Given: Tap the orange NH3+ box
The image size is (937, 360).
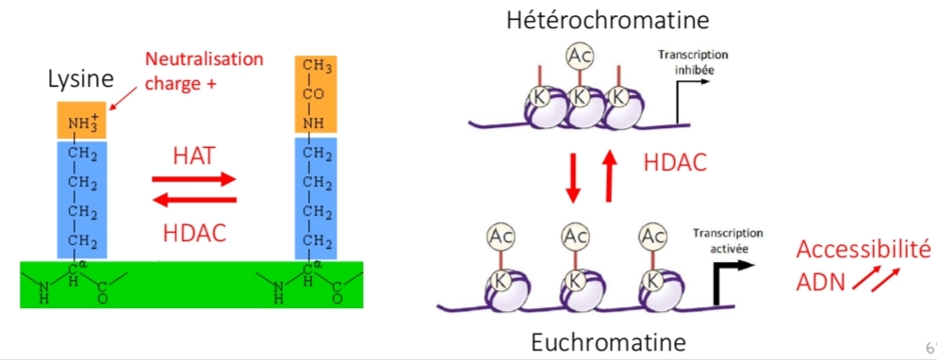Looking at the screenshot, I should [x=82, y=121].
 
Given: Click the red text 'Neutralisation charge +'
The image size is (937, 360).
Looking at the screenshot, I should [x=204, y=70].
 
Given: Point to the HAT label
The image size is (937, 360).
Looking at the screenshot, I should [x=195, y=154].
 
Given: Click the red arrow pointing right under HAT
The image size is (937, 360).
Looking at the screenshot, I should [x=194, y=178].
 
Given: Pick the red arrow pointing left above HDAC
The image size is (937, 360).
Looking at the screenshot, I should [x=194, y=199].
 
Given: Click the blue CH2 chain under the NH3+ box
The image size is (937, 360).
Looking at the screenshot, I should [x=82, y=198].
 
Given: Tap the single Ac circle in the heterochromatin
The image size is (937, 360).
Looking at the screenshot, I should [x=580, y=57].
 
